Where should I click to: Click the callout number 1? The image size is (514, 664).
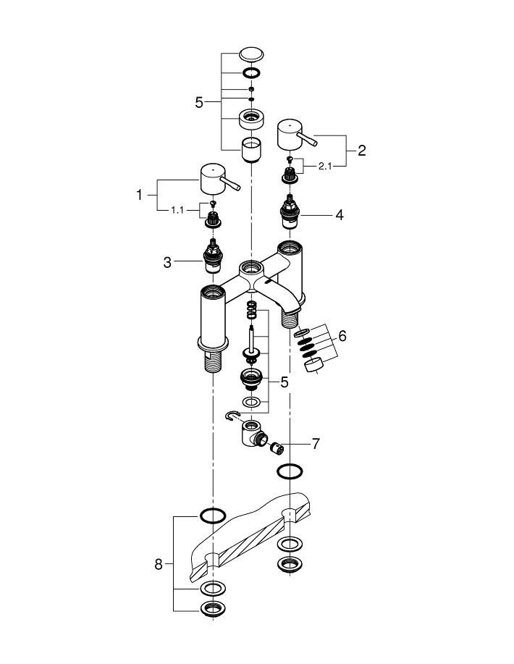tap(140, 194)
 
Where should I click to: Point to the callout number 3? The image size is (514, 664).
tap(167, 262)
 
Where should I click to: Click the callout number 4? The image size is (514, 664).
tap(339, 215)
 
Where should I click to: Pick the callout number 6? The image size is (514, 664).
tap(342, 336)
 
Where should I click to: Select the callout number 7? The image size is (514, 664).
tap(315, 444)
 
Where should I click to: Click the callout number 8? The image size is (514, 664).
tap(159, 564)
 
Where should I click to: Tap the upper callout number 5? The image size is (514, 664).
tap(199, 103)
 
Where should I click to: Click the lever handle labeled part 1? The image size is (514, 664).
tap(215, 179)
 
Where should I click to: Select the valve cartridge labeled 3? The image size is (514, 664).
tap(213, 257)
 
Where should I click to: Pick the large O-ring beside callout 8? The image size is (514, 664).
tap(212, 516)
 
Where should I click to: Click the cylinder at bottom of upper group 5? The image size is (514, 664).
tap(250, 148)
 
